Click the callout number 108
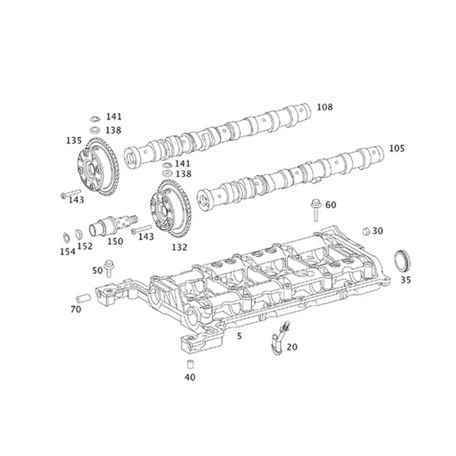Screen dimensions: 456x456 pos(324,106)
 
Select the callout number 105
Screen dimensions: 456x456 pos(397,149)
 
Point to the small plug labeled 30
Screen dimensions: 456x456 pos(366,231)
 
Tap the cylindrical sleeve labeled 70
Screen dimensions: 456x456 pos(81,298)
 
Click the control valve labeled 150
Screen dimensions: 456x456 pos(110,223)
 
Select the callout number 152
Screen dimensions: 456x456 pos(85,246)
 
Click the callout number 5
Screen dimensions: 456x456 pos(239,336)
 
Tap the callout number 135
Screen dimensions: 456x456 pos(74,140)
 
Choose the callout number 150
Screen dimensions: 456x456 pos(115,242)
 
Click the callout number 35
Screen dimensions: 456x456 pos(405,280)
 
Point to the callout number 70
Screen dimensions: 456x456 pos(76,309)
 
